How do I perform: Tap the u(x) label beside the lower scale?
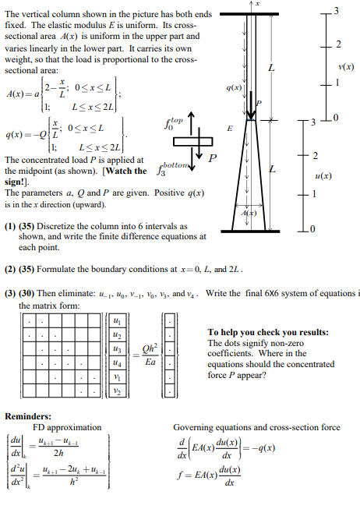(343, 176)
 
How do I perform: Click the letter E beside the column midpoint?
(228, 127)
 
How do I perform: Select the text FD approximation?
(67, 427)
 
